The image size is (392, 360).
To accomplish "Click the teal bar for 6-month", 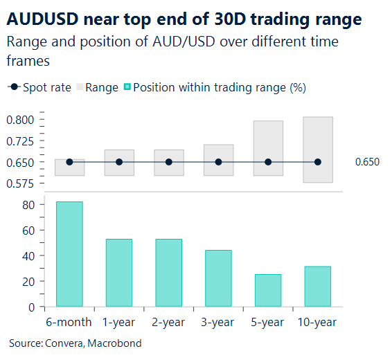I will point(69,254).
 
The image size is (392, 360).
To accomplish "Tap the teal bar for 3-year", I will point(218,278).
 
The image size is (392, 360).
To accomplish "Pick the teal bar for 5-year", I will point(268,290).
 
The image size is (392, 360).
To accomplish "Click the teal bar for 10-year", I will point(317,286).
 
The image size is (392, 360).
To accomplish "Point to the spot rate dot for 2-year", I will point(168,162).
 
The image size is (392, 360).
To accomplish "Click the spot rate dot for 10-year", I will point(317,162).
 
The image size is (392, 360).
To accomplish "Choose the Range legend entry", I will point(97,88).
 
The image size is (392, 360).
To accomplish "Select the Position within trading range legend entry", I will point(215,88).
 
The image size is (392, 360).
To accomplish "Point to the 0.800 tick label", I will point(20,120).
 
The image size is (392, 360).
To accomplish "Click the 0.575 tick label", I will point(20,183).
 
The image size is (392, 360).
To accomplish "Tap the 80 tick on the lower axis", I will point(28,205).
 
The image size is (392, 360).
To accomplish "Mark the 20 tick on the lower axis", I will point(28,281).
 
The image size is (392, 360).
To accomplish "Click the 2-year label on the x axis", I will point(168,322).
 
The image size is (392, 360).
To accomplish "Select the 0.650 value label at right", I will point(367,163).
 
